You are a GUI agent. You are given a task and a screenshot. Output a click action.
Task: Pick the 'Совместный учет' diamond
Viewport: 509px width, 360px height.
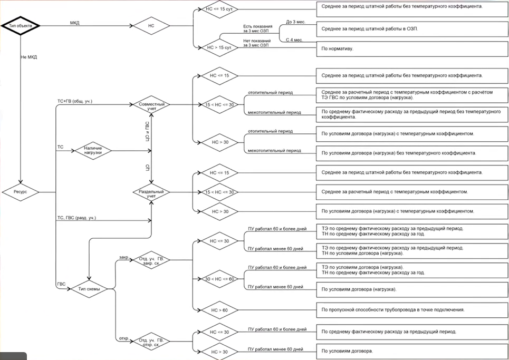[151, 104]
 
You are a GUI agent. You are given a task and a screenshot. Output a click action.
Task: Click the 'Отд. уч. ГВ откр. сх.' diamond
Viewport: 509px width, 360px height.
[152, 342]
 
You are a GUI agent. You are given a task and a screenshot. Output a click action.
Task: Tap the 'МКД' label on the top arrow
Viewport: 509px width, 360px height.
[74, 23]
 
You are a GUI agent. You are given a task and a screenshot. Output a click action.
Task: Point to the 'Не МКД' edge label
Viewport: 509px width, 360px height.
[29, 56]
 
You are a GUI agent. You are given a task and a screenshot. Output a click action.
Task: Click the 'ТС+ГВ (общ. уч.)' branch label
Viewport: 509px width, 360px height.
[74, 101]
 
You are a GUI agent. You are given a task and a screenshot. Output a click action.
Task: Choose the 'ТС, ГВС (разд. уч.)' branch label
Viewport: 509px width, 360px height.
[76, 218]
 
